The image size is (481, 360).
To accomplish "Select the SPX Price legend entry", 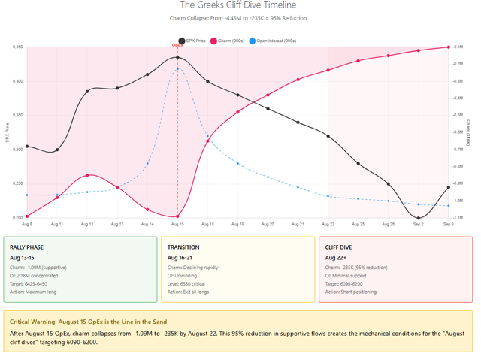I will pyautogui.click(x=195, y=40).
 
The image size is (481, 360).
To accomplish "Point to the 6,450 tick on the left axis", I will pyautogui.click(x=17, y=47).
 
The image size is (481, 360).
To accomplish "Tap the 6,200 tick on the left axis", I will pyautogui.click(x=17, y=218).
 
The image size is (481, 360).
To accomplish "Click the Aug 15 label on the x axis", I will pyautogui.click(x=177, y=224).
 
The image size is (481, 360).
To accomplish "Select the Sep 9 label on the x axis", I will pyautogui.click(x=448, y=224).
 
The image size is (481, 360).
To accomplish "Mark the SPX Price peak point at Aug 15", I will pyautogui.click(x=177, y=57).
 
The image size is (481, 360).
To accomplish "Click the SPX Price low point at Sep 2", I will pyautogui.click(x=419, y=218).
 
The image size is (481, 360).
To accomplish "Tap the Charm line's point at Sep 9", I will pyautogui.click(x=448, y=47).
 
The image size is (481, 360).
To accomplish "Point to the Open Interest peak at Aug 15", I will pyautogui.click(x=177, y=69).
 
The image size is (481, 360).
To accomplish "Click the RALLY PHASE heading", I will pyautogui.click(x=31, y=246).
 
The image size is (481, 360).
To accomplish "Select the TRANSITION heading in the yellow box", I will pyautogui.click(x=183, y=246).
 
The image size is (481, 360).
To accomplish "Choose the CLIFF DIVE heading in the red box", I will pyautogui.click(x=339, y=246).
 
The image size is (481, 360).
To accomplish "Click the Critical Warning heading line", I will pyautogui.click(x=111, y=321).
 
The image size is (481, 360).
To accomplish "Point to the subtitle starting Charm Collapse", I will pyautogui.click(x=240, y=18).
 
